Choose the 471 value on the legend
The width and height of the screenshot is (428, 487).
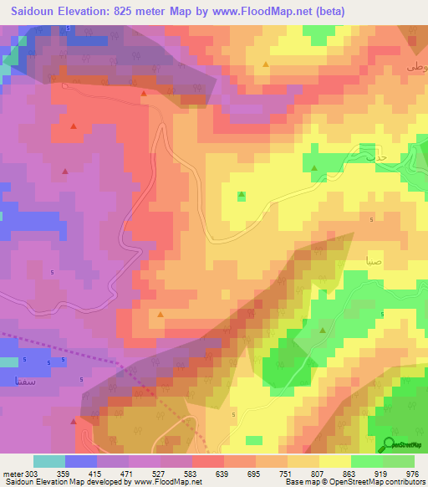tap(129, 474)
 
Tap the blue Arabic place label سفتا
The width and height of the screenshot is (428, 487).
tap(19, 381)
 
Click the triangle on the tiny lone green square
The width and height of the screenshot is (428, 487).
tap(242, 195)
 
